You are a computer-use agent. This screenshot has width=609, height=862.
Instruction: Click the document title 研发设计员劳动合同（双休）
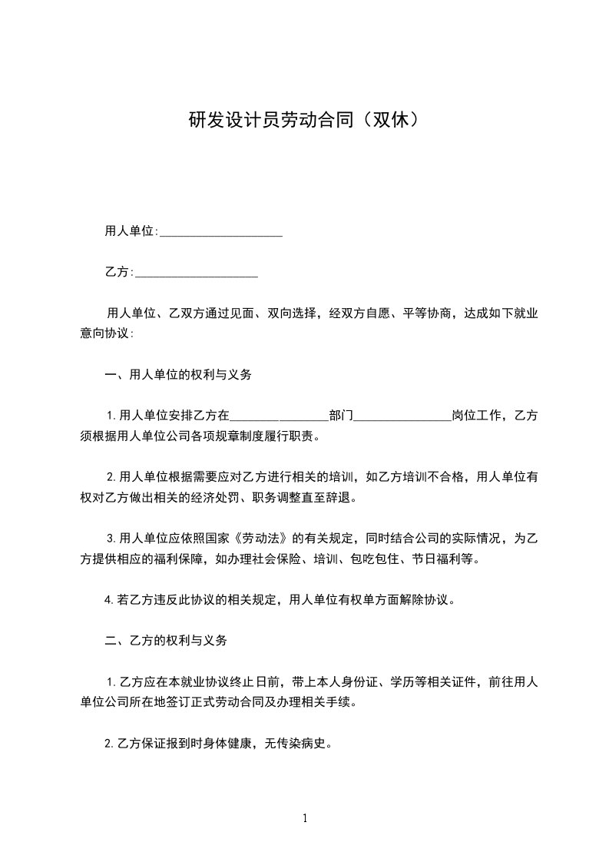pyautogui.click(x=304, y=121)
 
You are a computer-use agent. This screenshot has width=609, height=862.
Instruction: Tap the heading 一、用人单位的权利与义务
pyautogui.click(x=178, y=376)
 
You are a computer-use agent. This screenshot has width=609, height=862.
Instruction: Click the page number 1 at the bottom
pyautogui.click(x=305, y=818)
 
